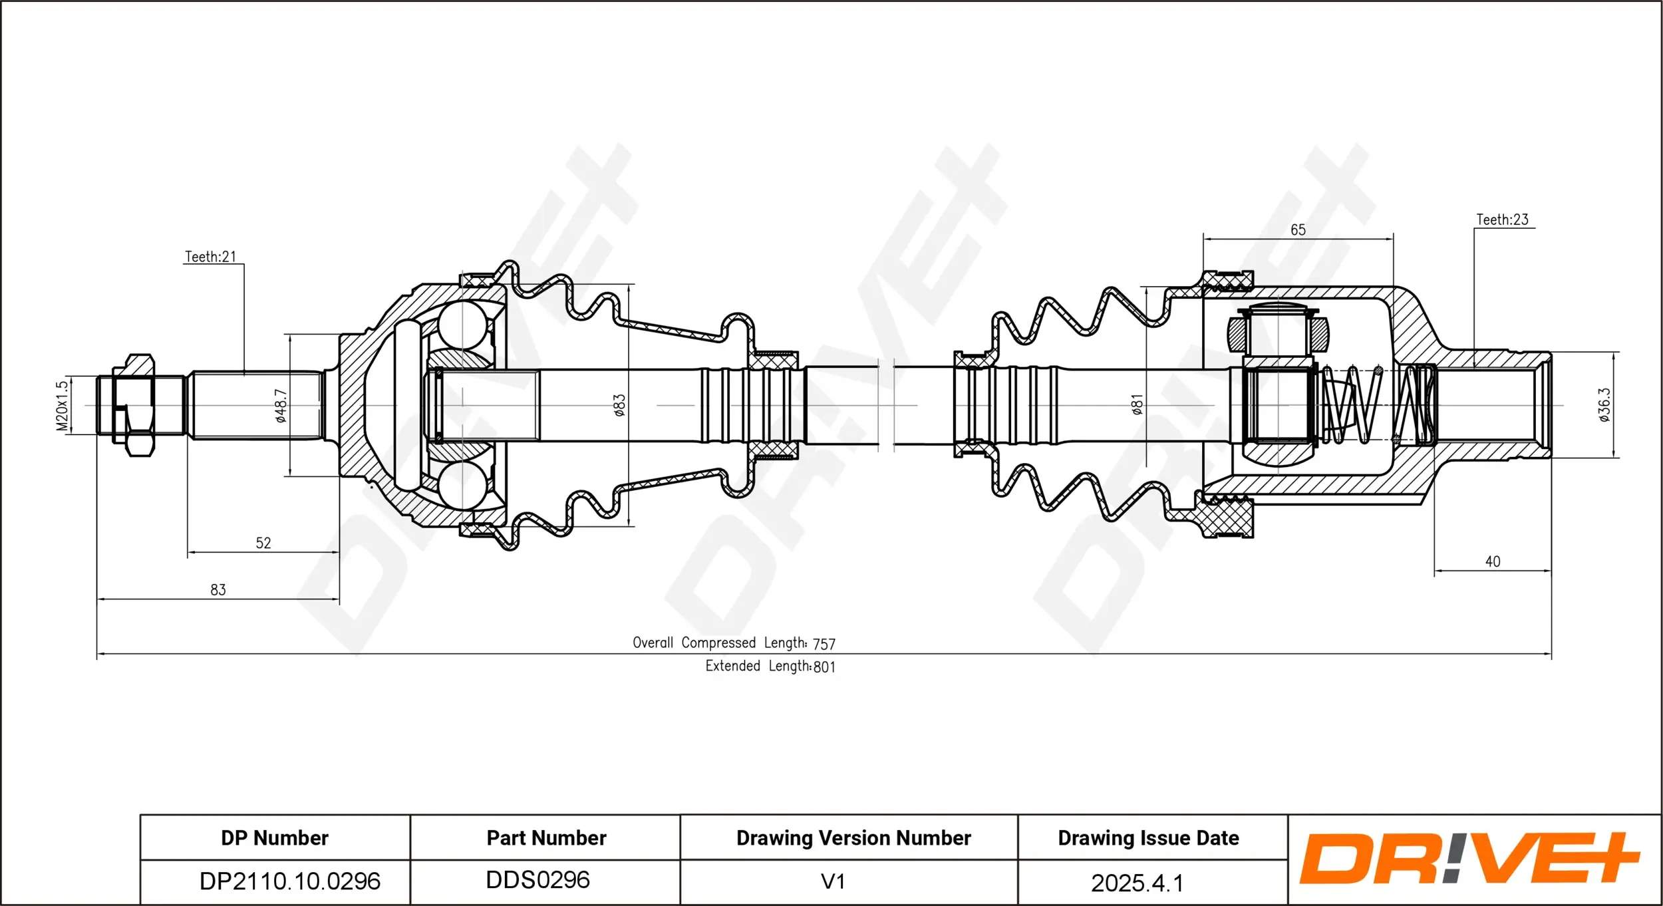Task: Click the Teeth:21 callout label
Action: pos(210,257)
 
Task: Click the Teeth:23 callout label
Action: pos(1502,220)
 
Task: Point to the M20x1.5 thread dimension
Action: pos(62,406)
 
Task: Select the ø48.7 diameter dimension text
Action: pos(281,406)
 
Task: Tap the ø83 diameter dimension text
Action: pos(619,405)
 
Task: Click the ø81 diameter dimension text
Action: pos(1137,404)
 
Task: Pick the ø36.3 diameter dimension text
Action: pos(1604,405)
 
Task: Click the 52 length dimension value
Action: pos(263,543)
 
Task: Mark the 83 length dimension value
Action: pos(218,589)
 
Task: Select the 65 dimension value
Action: pos(1298,230)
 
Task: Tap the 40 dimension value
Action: pos(1493,561)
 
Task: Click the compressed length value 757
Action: pos(824,644)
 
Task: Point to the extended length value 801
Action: pos(824,667)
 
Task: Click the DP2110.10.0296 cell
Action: pos(290,881)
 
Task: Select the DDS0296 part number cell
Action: pos(537,880)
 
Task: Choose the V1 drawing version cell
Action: pos(832,881)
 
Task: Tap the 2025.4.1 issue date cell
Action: pos(1137,883)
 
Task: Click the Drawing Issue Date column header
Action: pos(1148,838)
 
